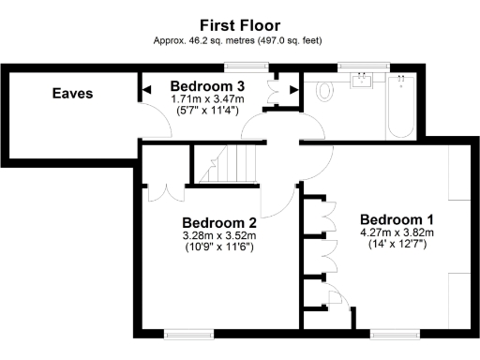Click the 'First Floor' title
click(241, 25)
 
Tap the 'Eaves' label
click(72, 94)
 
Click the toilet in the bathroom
click(325, 90)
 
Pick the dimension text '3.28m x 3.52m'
click(218, 235)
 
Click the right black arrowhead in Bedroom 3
click(293, 90)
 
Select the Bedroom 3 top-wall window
click(246, 66)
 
